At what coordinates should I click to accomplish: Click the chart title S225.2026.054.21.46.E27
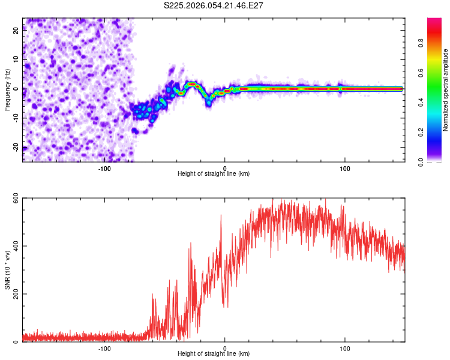tap(214, 5)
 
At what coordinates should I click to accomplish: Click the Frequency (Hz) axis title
tap(7, 89)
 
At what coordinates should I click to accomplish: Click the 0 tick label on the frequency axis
tap(17, 89)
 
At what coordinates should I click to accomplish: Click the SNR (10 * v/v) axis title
tap(7, 269)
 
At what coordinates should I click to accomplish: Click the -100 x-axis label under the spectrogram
tap(104, 167)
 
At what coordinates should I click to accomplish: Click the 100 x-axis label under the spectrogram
tap(345, 167)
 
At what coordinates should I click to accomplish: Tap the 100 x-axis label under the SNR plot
tap(345, 347)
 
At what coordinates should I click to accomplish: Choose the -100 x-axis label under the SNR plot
tap(104, 347)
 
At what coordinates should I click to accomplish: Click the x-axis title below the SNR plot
tap(214, 354)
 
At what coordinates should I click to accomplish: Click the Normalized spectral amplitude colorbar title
tap(446, 89)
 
